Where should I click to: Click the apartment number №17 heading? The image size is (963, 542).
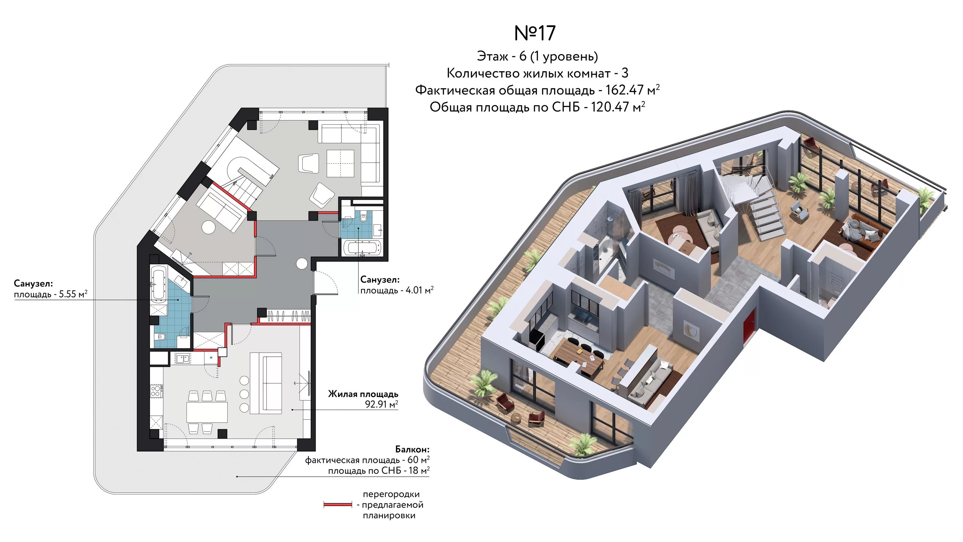pyautogui.click(x=535, y=33)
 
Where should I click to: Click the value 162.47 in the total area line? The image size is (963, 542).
pyautogui.click(x=624, y=90)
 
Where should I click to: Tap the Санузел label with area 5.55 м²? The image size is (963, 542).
pyautogui.click(x=33, y=284)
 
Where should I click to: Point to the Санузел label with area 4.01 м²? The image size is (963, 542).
pyautogui.click(x=380, y=279)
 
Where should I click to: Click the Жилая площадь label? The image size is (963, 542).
pyautogui.click(x=363, y=394)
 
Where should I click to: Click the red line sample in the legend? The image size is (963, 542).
pyautogui.click(x=338, y=505)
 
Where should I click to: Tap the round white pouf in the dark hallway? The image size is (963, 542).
pyautogui.click(x=302, y=264)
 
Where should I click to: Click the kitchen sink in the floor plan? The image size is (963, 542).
pyautogui.click(x=182, y=359)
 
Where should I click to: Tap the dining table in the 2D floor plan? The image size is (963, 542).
pyautogui.click(x=207, y=412)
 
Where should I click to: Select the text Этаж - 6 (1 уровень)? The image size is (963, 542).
pyautogui.click(x=537, y=57)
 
